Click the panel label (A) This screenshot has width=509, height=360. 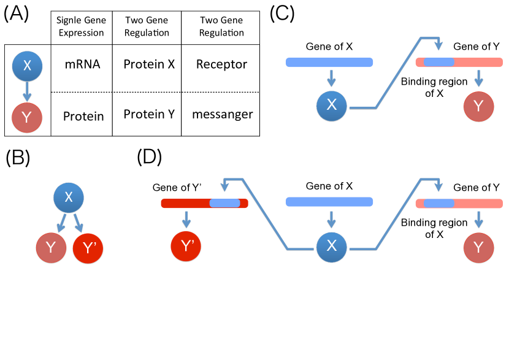point(16,13)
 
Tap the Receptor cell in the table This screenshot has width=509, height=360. point(221,64)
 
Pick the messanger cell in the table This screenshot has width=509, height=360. point(221,115)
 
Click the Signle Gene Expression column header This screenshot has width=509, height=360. point(81,27)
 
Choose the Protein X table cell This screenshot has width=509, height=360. point(146,64)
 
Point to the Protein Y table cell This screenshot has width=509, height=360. point(146,114)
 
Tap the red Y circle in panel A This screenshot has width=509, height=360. point(27,117)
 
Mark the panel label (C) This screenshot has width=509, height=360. point(284,13)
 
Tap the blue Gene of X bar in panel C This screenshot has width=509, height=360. point(329,62)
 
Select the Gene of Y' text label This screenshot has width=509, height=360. point(173,187)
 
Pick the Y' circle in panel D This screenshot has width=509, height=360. point(186,247)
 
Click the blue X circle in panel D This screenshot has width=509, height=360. point(332,247)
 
